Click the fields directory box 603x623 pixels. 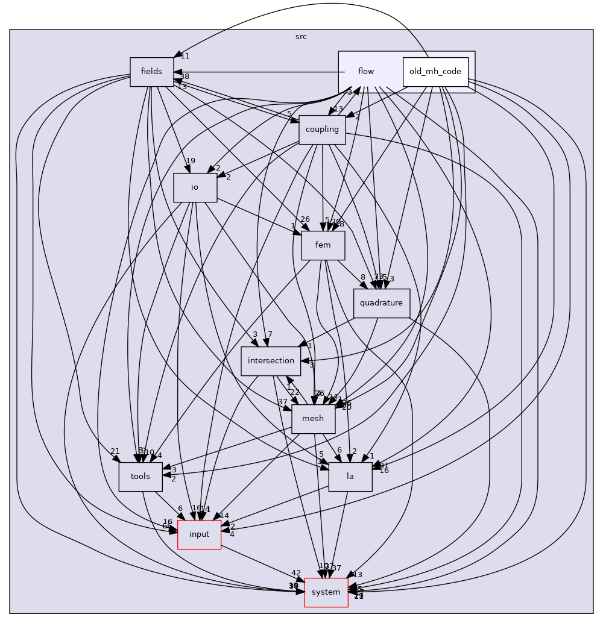151,72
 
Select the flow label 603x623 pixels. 366,72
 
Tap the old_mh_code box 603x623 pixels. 435,72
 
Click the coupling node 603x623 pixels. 322,130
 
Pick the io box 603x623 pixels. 195,187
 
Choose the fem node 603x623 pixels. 323,245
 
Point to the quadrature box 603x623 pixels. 381,303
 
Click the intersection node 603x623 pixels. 271,361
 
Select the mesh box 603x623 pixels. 313,419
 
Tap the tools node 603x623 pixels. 140,477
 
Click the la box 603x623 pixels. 350,477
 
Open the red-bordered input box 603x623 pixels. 199,534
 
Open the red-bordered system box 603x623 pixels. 326,592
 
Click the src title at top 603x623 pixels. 301,37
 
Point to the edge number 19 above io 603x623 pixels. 191,161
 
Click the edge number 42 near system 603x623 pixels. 295,573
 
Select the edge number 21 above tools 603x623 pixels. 115,451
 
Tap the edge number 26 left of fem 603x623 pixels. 305,219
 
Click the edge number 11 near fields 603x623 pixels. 185,56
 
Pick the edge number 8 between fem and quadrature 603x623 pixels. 362,277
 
